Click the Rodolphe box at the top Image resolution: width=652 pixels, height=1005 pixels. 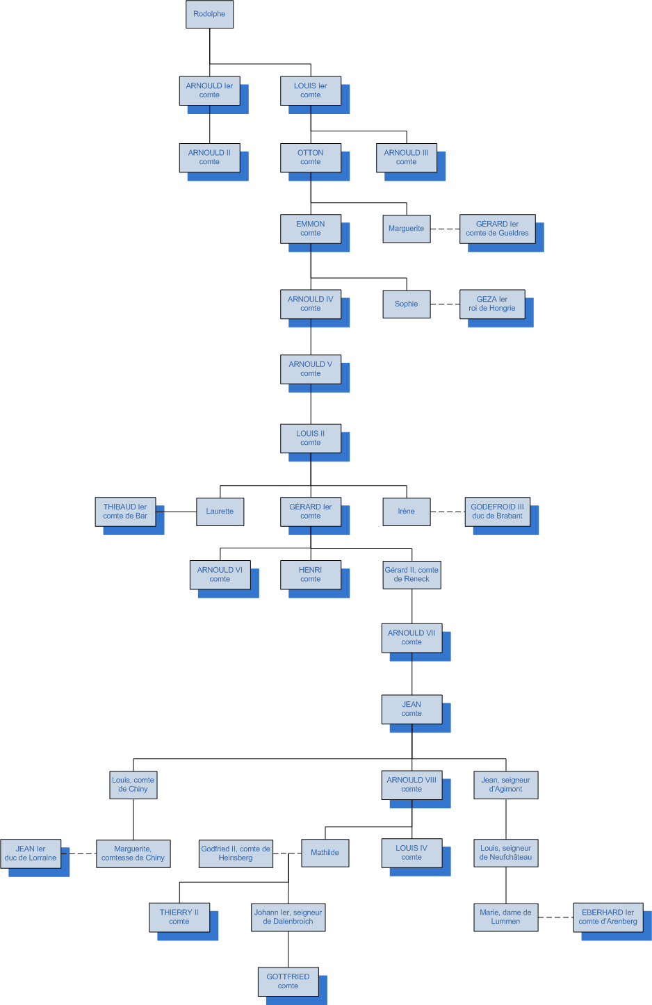tap(209, 14)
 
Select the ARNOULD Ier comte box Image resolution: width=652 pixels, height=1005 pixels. tap(209, 90)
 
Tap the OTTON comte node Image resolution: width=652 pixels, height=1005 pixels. tap(310, 157)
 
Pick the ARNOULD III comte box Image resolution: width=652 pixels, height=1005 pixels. tap(406, 157)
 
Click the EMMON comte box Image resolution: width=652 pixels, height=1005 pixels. tap(310, 229)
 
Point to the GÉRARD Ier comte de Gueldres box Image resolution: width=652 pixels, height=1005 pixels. tap(497, 229)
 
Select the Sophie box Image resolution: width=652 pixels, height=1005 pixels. tap(406, 304)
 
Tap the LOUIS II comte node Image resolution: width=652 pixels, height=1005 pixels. tap(310, 438)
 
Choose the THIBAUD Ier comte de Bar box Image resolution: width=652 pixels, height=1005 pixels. tap(125, 512)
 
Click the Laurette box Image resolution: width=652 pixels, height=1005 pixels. tap(220, 512)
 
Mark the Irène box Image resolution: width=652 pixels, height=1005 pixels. tap(406, 512)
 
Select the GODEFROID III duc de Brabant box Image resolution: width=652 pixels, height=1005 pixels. tap(497, 512)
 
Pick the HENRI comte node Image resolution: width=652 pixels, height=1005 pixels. tap(310, 574)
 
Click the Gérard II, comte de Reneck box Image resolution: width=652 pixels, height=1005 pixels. tap(411, 574)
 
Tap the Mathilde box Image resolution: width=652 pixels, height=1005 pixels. tap(325, 853)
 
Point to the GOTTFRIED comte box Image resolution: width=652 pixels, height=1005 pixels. tap(288, 981)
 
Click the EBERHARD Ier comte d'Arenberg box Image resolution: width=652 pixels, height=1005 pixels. tap(608, 917)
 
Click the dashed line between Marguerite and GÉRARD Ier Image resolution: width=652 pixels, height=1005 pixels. tap(445, 229)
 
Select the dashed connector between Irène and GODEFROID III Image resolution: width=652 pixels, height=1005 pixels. tap(448, 512)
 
